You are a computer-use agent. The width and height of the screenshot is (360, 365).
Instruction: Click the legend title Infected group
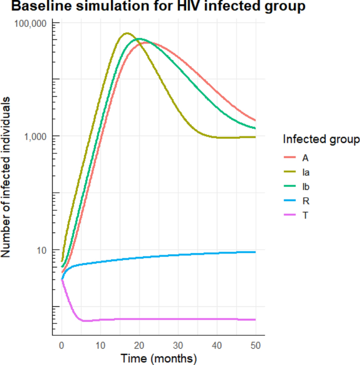[321, 139]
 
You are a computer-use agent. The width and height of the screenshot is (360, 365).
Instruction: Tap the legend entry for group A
[305, 157]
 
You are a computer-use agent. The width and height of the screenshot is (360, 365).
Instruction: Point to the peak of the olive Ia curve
[127, 33]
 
